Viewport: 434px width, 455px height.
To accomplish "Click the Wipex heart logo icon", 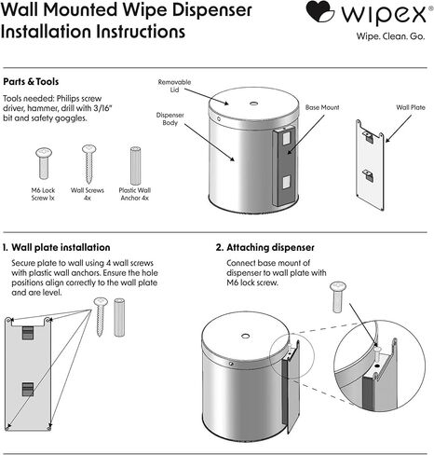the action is [319, 11].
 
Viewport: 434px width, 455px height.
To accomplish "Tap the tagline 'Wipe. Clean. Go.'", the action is [390, 36].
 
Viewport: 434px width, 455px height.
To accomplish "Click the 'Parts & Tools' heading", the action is [31, 82].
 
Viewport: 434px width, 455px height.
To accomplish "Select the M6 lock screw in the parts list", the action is [44, 163].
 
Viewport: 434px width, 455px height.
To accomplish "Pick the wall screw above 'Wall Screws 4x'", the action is [88, 164].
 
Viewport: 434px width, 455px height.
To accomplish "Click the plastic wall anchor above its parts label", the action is [135, 166].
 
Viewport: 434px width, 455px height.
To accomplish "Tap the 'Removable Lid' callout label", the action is [174, 86].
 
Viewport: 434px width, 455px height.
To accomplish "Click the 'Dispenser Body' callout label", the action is [170, 118].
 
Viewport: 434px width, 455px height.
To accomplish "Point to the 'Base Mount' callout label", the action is [322, 107].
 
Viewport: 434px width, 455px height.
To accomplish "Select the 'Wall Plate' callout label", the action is [411, 107].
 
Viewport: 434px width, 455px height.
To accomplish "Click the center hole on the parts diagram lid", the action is [253, 103].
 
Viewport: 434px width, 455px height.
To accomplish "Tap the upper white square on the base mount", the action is [286, 138].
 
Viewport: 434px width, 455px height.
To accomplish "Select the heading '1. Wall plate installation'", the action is [56, 248].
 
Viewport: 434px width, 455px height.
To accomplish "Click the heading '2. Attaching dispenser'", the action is [264, 248].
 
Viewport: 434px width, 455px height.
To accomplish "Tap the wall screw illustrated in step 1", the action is [101, 316].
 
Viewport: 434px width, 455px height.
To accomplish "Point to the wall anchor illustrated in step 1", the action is [119, 317].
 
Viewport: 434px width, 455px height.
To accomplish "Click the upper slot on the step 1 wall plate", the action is [28, 333].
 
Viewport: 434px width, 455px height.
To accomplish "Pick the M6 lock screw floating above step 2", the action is [338, 297].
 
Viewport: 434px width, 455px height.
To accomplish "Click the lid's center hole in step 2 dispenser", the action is [245, 336].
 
